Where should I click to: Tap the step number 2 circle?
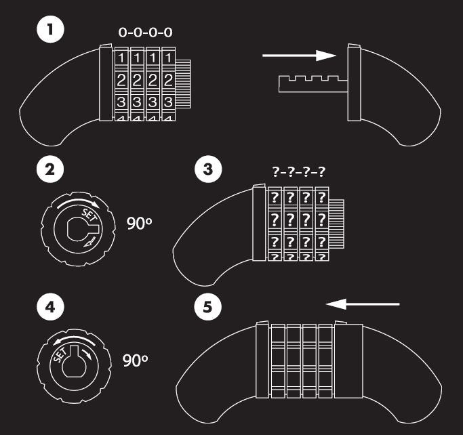click(x=50, y=171)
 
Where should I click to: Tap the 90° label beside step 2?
click(x=140, y=224)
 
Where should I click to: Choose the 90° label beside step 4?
click(x=135, y=360)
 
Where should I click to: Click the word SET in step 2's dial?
click(x=89, y=215)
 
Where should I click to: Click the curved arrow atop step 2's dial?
click(x=74, y=202)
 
